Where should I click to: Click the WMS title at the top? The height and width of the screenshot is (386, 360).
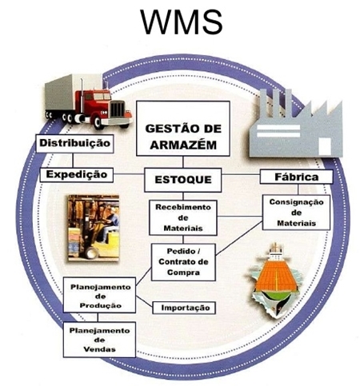[182, 22]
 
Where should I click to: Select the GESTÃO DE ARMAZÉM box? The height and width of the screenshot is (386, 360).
[183, 129]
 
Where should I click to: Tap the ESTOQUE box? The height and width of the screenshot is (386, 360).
[183, 180]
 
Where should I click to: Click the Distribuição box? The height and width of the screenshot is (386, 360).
[74, 143]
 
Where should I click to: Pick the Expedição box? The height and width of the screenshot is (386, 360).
[77, 175]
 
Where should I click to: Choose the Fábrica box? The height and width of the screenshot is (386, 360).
[297, 177]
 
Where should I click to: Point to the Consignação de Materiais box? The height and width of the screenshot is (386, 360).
[296, 213]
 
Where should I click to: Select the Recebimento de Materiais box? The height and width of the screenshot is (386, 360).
[183, 217]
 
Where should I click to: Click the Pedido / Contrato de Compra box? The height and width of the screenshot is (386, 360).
[183, 262]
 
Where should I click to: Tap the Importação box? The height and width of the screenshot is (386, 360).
[184, 308]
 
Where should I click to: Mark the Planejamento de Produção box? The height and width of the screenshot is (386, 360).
[99, 295]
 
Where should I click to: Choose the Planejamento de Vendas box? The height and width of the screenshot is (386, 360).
[99, 340]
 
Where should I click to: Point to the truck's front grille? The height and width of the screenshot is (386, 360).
[118, 109]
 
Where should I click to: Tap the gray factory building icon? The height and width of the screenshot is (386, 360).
[296, 123]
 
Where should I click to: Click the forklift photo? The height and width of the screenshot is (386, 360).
[94, 228]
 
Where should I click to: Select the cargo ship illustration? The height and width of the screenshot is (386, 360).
[276, 280]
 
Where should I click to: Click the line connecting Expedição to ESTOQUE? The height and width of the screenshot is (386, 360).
[129, 175]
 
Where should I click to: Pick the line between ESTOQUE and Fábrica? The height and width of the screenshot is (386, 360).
[241, 175]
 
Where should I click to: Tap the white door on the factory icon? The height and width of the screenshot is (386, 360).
[325, 146]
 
